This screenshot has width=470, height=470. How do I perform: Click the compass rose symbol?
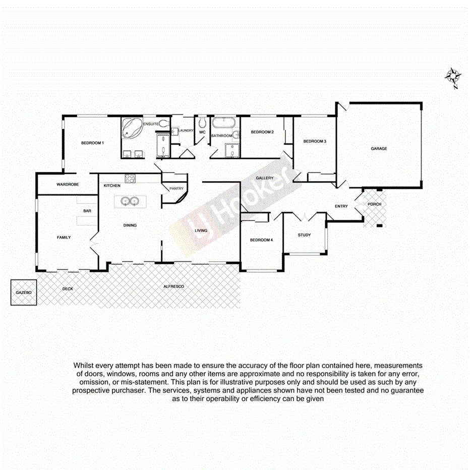coord(453,77)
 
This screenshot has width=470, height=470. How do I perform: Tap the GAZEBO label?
coord(23,292)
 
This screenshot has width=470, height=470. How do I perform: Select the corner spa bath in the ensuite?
coord(132,129)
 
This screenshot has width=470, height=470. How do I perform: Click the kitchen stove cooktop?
coord(130,178)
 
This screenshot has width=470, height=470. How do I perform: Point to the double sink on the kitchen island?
coord(130,201)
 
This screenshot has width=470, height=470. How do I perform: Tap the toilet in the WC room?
coord(203,123)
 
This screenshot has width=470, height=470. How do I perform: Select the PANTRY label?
coord(176,189)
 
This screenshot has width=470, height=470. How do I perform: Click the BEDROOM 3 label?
coord(315,141)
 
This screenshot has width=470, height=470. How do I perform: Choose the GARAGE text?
coord(379,149)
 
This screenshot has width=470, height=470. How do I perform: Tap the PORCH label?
coord(374,204)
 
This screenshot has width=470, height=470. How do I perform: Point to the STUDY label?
coord(304,235)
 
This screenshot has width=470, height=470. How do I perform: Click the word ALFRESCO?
coord(173,286)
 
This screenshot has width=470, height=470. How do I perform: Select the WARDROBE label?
coord(68,185)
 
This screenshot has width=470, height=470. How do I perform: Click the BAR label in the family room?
coord(87,211)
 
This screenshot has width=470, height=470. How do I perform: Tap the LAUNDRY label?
coord(186,131)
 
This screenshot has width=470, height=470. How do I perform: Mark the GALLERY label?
coord(265,178)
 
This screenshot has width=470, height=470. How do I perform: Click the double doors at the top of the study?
coord(305,217)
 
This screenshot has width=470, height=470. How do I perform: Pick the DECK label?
coord(68,289)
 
